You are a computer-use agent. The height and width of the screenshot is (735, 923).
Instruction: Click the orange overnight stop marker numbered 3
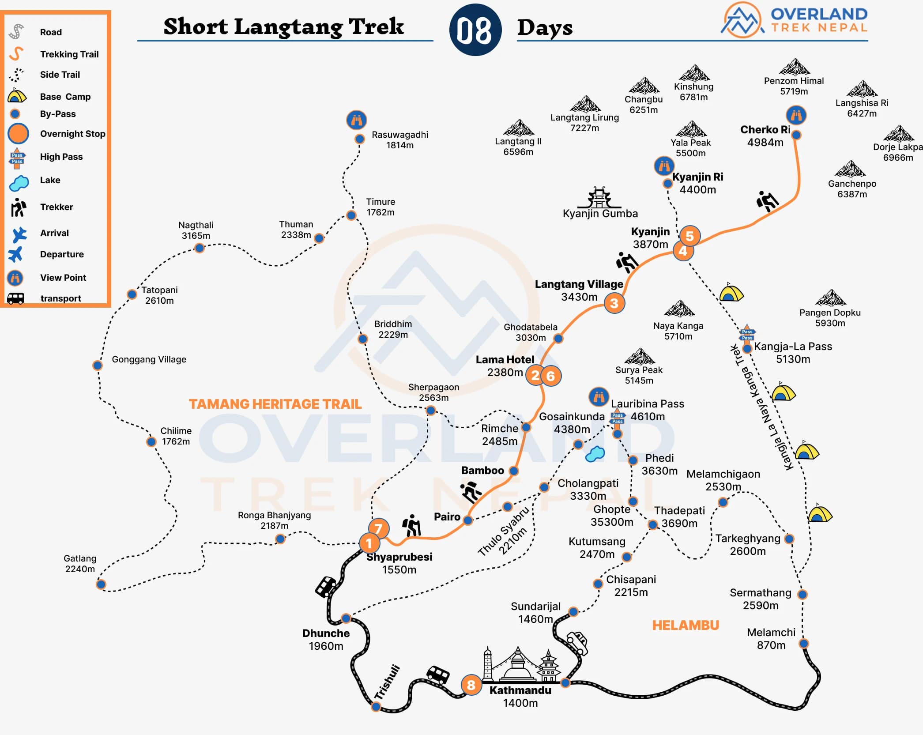point(614,303)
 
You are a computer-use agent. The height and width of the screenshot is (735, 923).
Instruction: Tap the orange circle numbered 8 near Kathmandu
point(471,685)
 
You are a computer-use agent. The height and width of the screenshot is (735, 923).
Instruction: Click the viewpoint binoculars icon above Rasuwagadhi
point(357,120)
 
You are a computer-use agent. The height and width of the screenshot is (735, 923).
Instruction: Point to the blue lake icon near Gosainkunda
point(595,454)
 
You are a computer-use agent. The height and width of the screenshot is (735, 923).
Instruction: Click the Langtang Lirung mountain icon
point(585,104)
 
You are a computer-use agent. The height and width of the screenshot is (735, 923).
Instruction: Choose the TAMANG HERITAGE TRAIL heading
point(275,404)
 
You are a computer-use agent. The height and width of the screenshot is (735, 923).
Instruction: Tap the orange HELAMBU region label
point(686,625)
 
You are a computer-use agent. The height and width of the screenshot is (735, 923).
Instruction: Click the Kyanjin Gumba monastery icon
point(599,197)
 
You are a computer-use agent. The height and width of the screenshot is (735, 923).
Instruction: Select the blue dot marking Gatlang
point(101,584)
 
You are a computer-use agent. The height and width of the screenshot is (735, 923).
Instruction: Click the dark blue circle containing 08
point(475,30)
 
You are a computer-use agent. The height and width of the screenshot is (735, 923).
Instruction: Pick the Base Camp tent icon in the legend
point(17,96)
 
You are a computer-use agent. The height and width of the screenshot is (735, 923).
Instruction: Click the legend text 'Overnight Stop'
point(72,134)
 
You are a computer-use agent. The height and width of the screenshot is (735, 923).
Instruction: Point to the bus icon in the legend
point(16,298)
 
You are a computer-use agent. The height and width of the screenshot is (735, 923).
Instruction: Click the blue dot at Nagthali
point(200,248)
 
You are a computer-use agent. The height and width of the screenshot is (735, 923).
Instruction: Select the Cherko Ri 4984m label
point(765,136)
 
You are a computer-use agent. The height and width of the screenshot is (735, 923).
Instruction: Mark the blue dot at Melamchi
point(804,643)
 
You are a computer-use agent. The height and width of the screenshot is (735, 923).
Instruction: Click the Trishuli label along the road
point(387,682)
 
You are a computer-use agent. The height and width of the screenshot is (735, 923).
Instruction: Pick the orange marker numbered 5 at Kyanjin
point(689,236)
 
